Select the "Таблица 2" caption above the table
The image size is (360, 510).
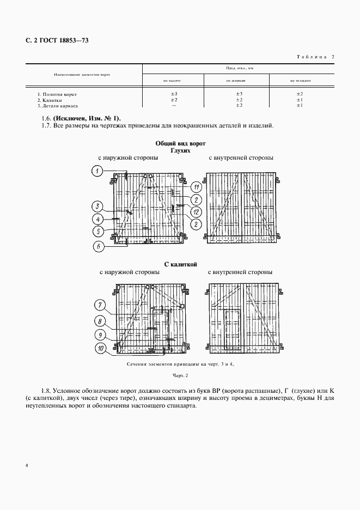315,57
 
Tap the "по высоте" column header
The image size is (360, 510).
172,80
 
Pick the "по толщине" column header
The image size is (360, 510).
300,80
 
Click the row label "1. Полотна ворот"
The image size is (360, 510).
53,94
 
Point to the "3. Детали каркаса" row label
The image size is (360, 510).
55,106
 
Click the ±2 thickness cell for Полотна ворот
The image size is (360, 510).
300,94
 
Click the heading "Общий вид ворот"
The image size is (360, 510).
180,143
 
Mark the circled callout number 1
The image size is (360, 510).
96,172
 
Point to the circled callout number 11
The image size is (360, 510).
196,188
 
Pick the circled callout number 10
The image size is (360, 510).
102,347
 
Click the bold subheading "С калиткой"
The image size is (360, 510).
180,264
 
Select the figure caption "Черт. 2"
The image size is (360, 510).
180,375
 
